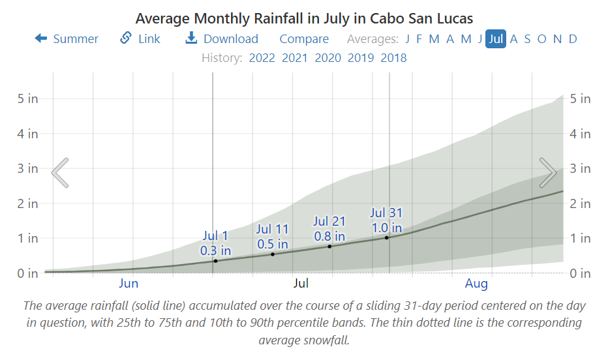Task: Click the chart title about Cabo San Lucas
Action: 304,18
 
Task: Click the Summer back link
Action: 67,39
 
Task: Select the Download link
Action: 222,39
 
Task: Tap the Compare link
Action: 304,39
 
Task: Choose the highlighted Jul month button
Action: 496,39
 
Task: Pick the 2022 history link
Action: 262,58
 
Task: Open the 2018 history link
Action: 394,58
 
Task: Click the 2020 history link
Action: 328,58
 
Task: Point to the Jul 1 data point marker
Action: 216,261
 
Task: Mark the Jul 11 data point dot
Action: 273,254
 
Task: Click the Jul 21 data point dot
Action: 329,246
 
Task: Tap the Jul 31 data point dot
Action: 386,237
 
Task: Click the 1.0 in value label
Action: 386,228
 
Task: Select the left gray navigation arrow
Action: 60,172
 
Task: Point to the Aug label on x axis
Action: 476,284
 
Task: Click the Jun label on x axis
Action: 129,284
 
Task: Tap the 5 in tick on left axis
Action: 27,99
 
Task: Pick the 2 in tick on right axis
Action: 580,203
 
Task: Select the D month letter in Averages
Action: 573,39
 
